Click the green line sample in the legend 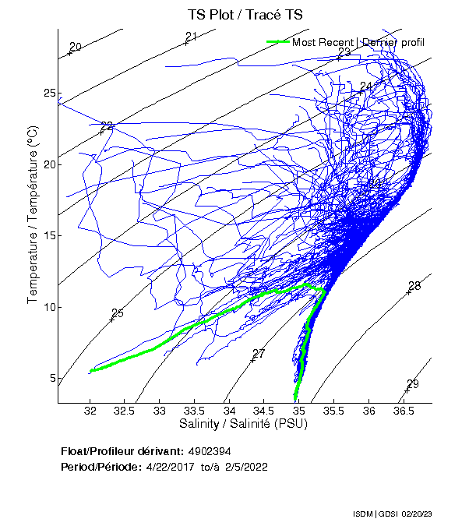coord(277,41)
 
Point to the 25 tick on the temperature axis coord(48,94)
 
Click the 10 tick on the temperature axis coord(48,307)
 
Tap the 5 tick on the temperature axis coord(51,378)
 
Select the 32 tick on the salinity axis coord(91,411)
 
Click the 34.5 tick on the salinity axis coord(265,411)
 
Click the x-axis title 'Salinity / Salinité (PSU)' coord(244,425)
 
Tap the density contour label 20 coord(75,47)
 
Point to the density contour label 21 coord(191,37)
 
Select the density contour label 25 coord(118,313)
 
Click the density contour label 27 coord(259,354)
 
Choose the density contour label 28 coord(414,286)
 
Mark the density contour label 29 coord(412,383)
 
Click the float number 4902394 coord(210,451)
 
